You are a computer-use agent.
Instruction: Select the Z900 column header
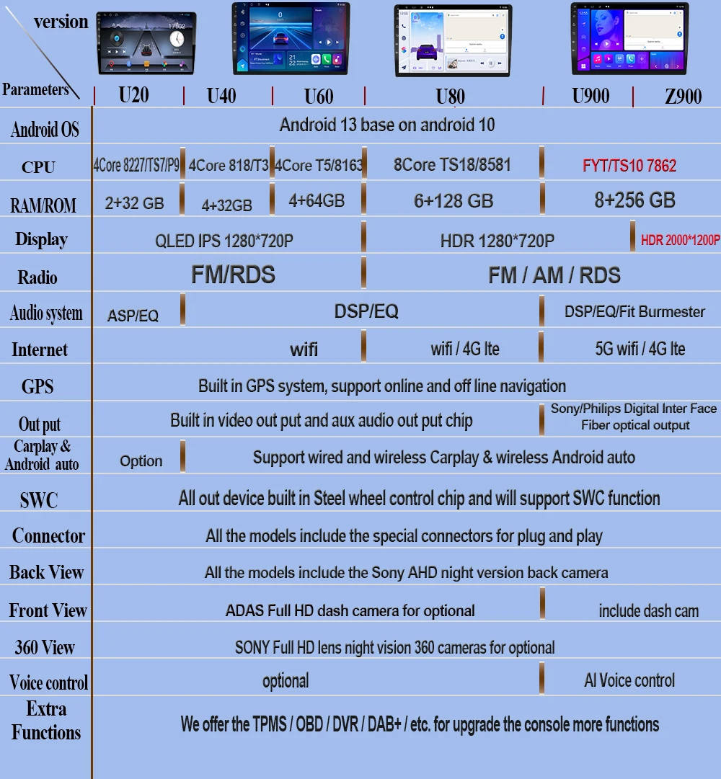(683, 96)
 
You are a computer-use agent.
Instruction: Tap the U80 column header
(451, 96)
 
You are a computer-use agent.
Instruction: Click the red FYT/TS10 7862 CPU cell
(629, 166)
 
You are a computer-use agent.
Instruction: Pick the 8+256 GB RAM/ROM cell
(634, 200)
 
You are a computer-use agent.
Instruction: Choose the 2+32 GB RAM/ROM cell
(134, 203)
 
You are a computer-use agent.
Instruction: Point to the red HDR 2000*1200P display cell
(680, 240)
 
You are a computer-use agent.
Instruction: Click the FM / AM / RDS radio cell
(554, 275)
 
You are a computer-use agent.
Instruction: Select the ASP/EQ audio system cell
(133, 315)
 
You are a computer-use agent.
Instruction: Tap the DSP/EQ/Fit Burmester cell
(634, 312)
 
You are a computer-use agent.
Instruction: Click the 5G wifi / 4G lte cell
(640, 349)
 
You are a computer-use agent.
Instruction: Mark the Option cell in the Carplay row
(141, 461)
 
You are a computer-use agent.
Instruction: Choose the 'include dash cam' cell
(648, 611)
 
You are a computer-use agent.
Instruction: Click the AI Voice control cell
(629, 680)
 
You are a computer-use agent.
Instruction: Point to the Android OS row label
(45, 130)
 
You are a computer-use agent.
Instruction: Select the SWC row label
(39, 500)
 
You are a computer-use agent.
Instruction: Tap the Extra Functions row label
(46, 721)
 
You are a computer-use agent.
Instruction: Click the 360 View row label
(45, 647)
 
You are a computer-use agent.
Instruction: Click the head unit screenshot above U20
(146, 43)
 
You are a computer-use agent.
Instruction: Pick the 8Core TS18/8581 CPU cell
(452, 165)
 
